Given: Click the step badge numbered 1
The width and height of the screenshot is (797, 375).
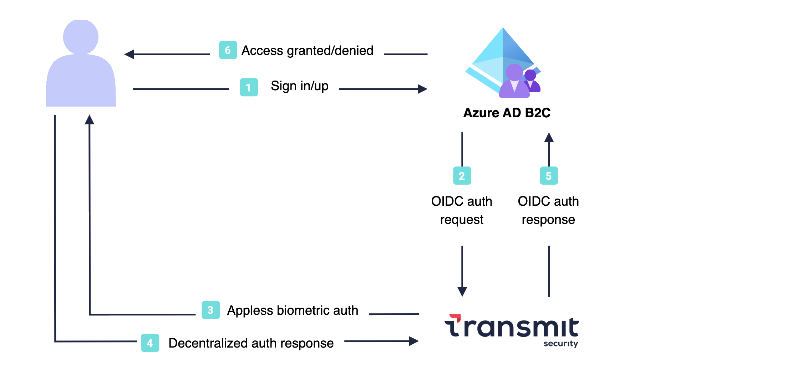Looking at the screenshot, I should click(249, 87).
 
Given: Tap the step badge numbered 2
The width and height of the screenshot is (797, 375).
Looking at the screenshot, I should click(462, 176).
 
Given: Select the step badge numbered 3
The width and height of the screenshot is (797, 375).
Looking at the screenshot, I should click(210, 310).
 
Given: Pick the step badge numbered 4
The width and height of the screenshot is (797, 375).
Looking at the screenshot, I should click(150, 343).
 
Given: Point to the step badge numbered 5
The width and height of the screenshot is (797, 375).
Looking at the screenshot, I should click(549, 176).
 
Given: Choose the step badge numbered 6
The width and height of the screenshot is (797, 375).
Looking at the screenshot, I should click(228, 50).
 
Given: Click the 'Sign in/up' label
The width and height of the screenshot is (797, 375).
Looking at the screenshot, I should click(299, 86).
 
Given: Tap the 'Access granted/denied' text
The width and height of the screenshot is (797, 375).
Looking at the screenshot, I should click(307, 51).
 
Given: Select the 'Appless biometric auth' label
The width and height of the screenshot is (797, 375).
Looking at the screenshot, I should click(293, 310).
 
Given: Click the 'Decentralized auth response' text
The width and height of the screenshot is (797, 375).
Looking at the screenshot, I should click(251, 343).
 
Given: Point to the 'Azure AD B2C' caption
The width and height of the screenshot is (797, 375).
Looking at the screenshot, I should click(507, 113).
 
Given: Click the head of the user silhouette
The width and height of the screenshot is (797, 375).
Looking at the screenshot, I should click(81, 37).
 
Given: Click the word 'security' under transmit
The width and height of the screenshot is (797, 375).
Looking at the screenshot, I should click(560, 344).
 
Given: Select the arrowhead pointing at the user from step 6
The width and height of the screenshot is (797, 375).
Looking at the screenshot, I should click(129, 54).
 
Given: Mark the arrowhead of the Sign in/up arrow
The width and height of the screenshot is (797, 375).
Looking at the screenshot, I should click(423, 89).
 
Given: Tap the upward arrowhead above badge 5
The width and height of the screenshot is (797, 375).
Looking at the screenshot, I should click(549, 137).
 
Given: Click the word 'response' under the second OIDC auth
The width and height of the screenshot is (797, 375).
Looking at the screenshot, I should click(548, 220).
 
